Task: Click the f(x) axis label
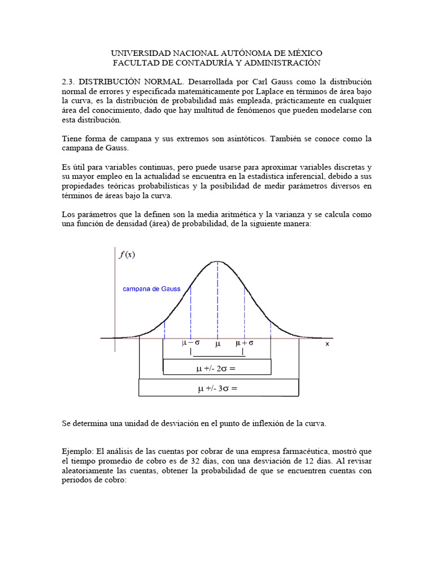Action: click(x=127, y=255)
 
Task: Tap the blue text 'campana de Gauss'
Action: click(x=151, y=289)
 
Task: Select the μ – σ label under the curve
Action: click(x=190, y=343)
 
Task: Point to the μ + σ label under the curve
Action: click(x=244, y=343)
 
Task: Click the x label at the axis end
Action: click(x=327, y=343)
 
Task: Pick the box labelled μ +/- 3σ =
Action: click(x=218, y=388)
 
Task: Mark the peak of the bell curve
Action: click(x=217, y=261)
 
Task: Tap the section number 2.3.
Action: click(x=68, y=81)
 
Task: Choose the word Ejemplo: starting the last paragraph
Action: click(x=78, y=452)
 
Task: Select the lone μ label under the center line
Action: click(x=218, y=343)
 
